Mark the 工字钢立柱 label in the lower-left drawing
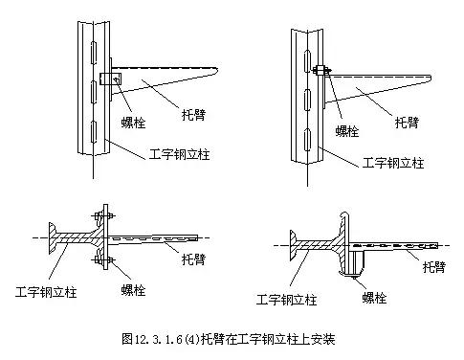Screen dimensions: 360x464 pos(46,289)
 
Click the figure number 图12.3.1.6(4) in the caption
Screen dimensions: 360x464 pos(164,339)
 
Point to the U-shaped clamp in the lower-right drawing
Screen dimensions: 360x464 pos(358,261)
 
